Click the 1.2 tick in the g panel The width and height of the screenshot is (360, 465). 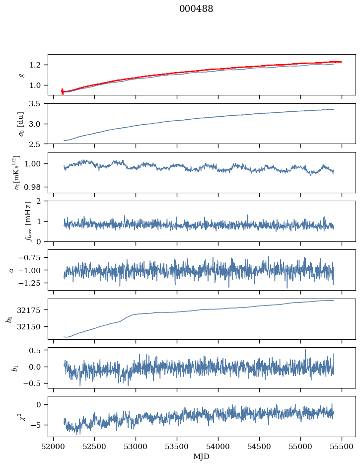[38, 65]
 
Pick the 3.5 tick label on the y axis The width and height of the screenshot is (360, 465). [38, 104]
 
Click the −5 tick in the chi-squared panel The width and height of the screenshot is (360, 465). [39, 425]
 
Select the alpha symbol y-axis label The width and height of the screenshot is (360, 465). [11, 270]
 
